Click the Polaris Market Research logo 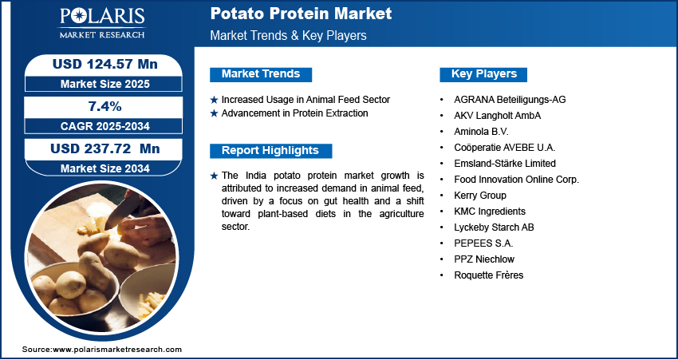pos(102,23)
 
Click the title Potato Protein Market pos(301,14)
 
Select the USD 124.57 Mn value pos(104,64)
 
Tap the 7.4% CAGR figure pos(104,106)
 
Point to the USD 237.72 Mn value pos(105,148)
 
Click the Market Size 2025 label pos(105,84)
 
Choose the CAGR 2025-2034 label pos(105,126)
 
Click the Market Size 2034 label pos(105,168)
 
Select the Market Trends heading pos(261,74)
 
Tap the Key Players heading pos(484,74)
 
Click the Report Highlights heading pos(270,151)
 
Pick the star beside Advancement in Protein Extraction pos(214,114)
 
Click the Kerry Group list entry pos(480,195)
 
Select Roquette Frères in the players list pos(489,275)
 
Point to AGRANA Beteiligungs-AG pos(510,100)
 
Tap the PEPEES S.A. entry pos(483,243)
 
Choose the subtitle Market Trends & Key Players pos(289,35)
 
